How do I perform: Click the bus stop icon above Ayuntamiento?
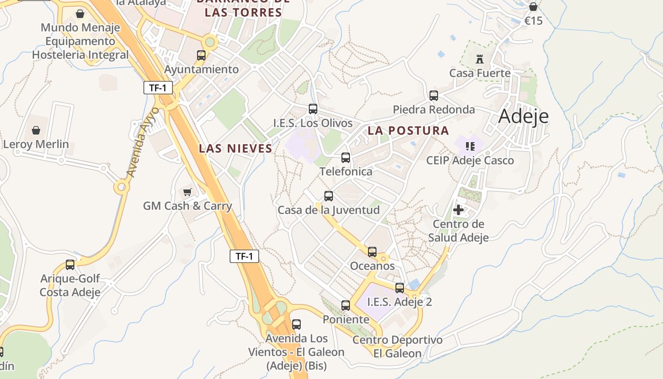[x=201, y=55]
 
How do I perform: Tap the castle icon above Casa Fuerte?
[x=480, y=59]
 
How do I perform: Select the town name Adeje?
[x=523, y=116]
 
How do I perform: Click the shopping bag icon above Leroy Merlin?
[x=36, y=130]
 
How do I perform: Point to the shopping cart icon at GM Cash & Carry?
[x=188, y=192]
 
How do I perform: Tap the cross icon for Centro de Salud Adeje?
[x=458, y=209]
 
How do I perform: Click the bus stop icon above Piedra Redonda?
[x=434, y=96]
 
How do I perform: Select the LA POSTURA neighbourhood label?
[x=408, y=131]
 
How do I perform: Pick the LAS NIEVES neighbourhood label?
[x=235, y=149]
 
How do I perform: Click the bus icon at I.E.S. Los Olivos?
[x=313, y=109]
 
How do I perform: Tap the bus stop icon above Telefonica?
[x=346, y=158]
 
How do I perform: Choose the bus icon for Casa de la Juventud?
[x=329, y=196]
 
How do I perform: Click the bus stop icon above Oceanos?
[x=372, y=252]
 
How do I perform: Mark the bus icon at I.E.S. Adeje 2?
[x=400, y=288]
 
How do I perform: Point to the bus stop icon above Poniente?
[x=346, y=306]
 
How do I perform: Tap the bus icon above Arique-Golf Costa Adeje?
[x=70, y=265]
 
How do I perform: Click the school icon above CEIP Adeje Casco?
[x=470, y=146]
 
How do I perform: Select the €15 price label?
[x=533, y=21]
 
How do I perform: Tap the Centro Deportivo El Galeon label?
[x=397, y=347]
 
